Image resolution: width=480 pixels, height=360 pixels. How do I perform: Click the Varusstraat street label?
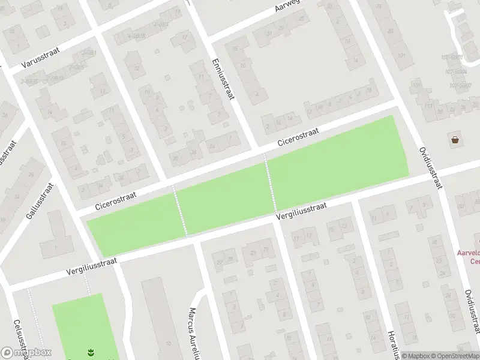click(37, 64)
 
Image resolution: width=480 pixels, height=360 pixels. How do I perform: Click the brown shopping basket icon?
click(455, 140)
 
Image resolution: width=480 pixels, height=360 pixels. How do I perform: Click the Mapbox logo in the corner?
click(26, 352)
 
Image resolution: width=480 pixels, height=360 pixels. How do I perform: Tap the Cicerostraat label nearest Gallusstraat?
click(116, 200)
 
